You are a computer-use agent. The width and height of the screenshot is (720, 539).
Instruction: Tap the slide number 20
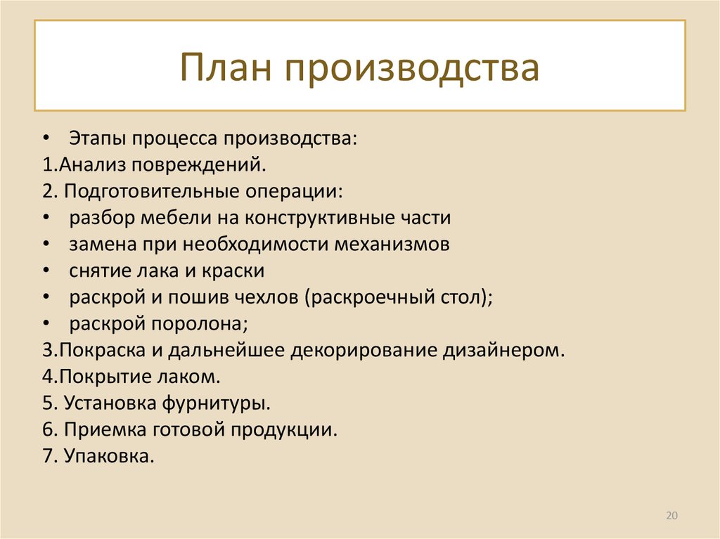[x=671, y=516]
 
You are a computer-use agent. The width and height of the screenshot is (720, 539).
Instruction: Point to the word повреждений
[x=199, y=165]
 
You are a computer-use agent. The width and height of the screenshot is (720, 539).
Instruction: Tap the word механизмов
[x=392, y=245]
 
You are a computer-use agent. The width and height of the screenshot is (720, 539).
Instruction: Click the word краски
[x=233, y=271]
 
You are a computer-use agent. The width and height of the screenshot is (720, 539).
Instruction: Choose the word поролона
[x=199, y=324]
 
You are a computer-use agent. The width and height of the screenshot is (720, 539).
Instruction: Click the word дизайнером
[x=503, y=351]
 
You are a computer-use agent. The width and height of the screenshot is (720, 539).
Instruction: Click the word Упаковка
[x=109, y=456]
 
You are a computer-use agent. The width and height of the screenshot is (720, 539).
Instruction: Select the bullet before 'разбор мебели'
[x=46, y=218]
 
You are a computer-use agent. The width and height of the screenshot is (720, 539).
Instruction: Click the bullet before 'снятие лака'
[x=46, y=271]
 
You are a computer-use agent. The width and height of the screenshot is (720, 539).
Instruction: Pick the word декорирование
[x=364, y=351]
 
